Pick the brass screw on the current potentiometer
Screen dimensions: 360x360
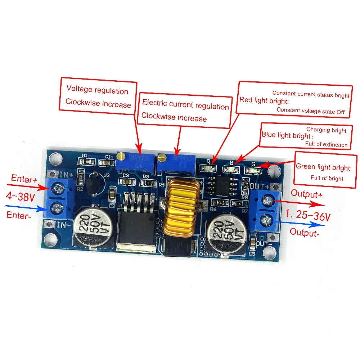point(163,157)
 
